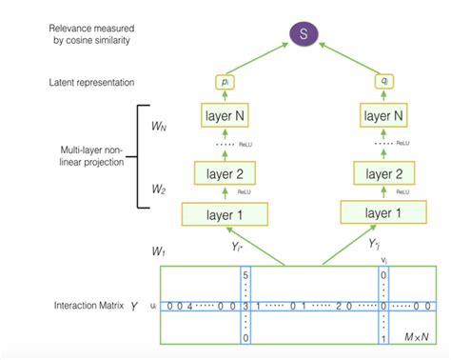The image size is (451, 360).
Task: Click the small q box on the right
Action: coord(383,84)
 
